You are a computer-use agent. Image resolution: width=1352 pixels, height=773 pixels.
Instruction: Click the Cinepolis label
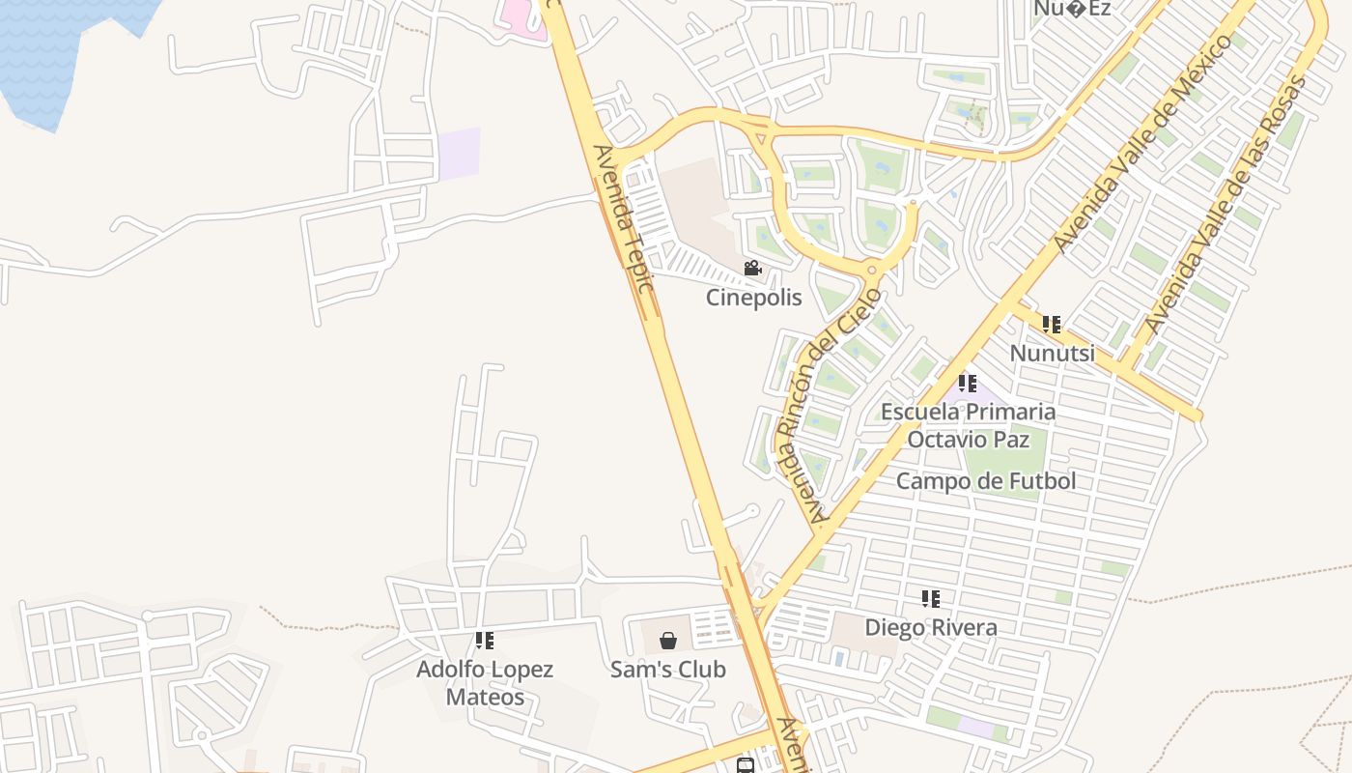coord(753,297)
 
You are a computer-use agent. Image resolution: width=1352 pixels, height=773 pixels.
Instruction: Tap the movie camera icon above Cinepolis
coord(752,269)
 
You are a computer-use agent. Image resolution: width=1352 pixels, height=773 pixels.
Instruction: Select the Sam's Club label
coord(667,669)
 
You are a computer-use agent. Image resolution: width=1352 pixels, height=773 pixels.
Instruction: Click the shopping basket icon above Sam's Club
coord(667,641)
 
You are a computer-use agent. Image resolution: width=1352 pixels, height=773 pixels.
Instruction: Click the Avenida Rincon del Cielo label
coord(831,406)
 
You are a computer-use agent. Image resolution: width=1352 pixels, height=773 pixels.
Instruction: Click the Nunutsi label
coord(1053,353)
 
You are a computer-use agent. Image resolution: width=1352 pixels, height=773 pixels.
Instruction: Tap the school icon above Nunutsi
coord(1052,325)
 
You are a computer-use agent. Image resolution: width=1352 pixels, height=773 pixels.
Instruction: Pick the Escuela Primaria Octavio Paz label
coord(968,425)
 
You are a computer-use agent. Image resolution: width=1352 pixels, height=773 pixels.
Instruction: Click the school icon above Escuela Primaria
coord(968,384)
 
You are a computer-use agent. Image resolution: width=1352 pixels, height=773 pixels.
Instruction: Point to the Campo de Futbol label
coord(986,480)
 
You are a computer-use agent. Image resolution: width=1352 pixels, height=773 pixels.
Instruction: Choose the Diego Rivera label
coord(931,627)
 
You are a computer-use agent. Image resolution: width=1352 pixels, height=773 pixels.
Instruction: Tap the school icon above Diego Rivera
coord(931,599)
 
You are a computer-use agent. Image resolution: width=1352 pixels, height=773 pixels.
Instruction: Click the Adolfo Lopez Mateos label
coord(485,682)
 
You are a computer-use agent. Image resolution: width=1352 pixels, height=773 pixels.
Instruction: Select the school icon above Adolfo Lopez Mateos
coord(485,640)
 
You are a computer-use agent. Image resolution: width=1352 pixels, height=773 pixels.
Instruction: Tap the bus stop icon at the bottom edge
coord(746,766)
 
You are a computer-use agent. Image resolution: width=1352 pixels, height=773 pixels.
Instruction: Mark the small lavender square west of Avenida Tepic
coord(459,154)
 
